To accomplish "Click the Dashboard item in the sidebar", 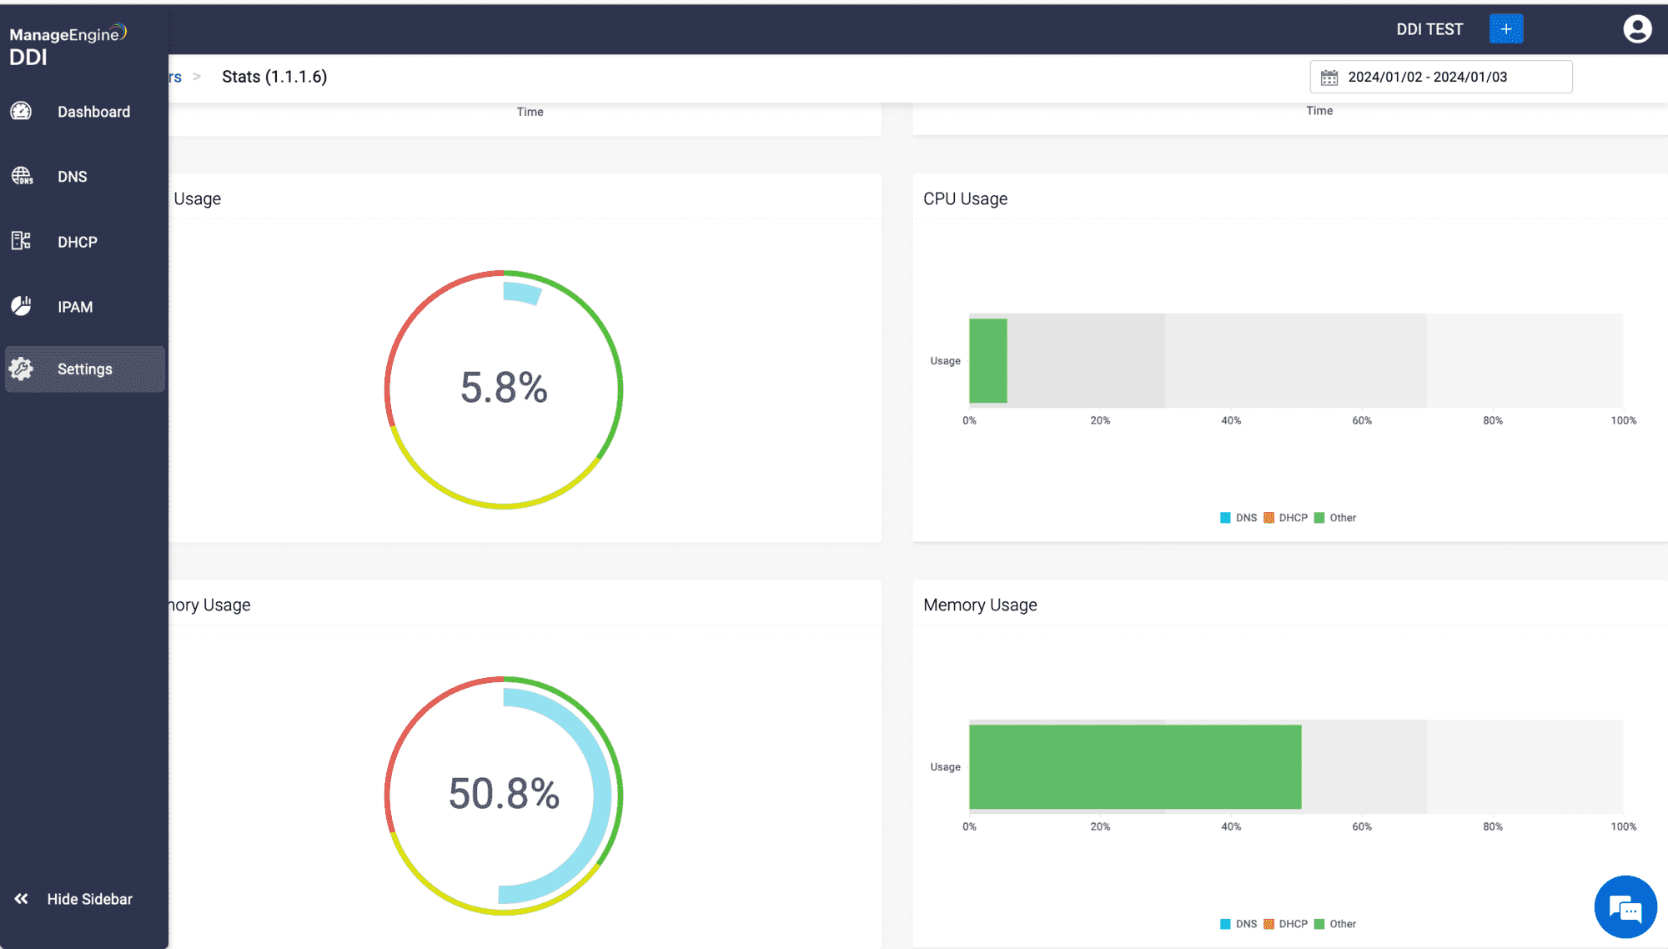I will [x=93, y=112].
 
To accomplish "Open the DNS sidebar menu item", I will [x=72, y=177].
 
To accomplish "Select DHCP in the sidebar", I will [x=77, y=242].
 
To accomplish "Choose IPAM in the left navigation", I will [x=74, y=307].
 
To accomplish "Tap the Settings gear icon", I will [x=22, y=369].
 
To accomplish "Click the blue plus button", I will [x=1505, y=29].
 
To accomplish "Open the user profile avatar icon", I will [x=1637, y=29].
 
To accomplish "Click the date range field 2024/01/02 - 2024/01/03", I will [x=1441, y=77].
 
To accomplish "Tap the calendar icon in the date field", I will [x=1329, y=78].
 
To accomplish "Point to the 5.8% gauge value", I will [x=504, y=388].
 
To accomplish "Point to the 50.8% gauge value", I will [x=504, y=793].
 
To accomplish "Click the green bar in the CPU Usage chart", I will [x=988, y=360].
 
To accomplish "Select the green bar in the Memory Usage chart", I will [x=1135, y=766].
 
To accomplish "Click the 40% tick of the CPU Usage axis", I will [x=1231, y=420].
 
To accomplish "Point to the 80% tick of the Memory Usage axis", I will [x=1493, y=826].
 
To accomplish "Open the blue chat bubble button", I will [x=1625, y=907].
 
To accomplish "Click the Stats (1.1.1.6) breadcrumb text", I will [x=274, y=77].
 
